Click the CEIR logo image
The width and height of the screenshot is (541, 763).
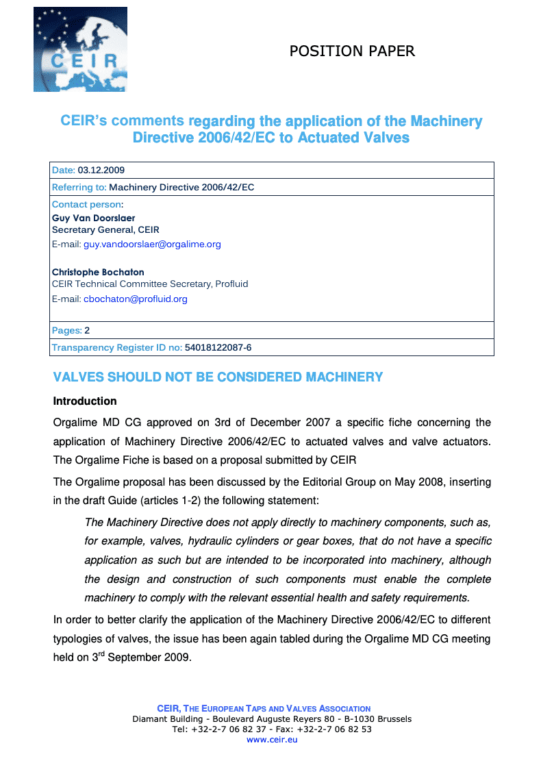[x=80, y=49]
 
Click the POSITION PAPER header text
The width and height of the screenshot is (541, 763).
[x=352, y=51]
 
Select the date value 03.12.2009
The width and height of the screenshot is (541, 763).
[x=101, y=171]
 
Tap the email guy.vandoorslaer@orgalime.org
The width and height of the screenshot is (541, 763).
[x=152, y=245]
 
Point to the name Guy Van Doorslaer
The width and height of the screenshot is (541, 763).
[x=94, y=218]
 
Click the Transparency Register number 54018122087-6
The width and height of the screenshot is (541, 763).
[x=218, y=348]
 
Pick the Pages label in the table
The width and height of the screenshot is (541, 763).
[x=66, y=331]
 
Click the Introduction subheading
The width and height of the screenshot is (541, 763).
[x=85, y=401]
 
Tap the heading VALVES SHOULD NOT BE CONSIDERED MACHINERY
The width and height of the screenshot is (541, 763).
[x=218, y=377]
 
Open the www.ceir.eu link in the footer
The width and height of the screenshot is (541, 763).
[x=271, y=740]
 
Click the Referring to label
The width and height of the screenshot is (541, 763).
[x=79, y=188]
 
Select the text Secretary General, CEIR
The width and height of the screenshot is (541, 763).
[x=105, y=230]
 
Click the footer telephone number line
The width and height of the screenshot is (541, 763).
[x=271, y=729]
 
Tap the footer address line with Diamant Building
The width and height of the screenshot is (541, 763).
[x=271, y=719]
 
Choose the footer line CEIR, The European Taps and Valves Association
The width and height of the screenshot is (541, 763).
[x=264, y=709]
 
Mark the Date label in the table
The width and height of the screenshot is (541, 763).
[x=63, y=171]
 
